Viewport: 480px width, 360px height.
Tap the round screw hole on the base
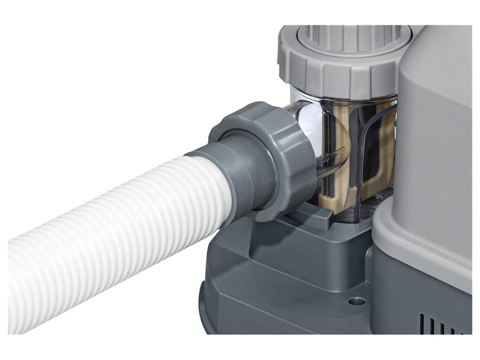(x=356, y=301)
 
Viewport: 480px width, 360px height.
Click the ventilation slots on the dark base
(x=445, y=323)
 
